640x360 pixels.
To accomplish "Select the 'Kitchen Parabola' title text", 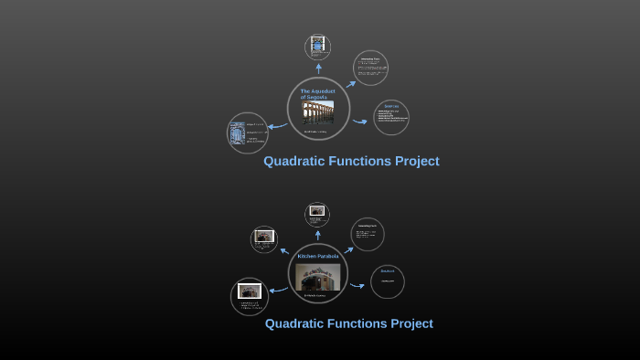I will pyautogui.click(x=317, y=256).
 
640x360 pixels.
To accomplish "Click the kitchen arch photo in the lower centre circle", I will pyautogui.click(x=317, y=277).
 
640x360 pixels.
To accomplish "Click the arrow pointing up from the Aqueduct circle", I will pyautogui.click(x=318, y=69).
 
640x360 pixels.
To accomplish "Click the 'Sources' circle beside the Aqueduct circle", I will pyautogui.click(x=391, y=118).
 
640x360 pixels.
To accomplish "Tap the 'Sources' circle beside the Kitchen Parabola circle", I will pyautogui.click(x=388, y=281).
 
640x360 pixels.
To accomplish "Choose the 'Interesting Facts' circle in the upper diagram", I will pyautogui.click(x=370, y=68).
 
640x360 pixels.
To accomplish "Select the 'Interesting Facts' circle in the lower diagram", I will pyautogui.click(x=367, y=234).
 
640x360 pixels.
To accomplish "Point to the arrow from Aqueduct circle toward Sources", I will pyautogui.click(x=359, y=121).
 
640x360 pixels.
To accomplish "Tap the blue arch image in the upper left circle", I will pyautogui.click(x=237, y=134).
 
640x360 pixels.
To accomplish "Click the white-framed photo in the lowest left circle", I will pyautogui.click(x=249, y=291).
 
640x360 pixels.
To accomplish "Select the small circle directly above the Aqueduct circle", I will pyautogui.click(x=317, y=47).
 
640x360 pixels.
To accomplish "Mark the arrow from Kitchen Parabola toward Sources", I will pyautogui.click(x=357, y=286).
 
